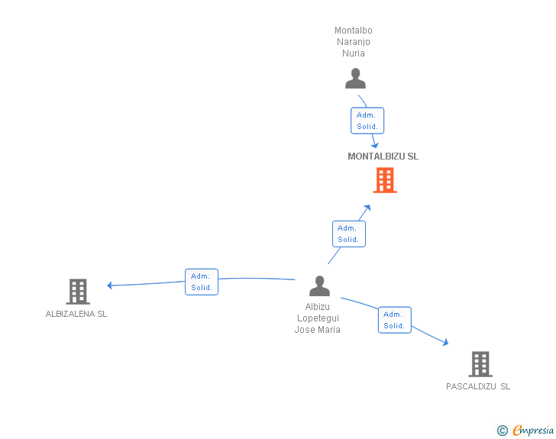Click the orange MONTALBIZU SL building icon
coord(385,180)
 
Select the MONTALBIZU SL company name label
coord(383,157)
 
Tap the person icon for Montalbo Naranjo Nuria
coord(355,79)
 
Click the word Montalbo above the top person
coord(354,31)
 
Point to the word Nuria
coord(354,53)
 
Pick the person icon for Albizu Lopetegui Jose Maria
coord(319,286)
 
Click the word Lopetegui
coord(318,318)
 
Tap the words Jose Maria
coord(318,330)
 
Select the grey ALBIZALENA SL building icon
coord(78,292)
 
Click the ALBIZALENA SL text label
coord(76,314)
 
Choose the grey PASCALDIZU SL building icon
coord(480,364)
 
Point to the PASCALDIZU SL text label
coord(478,386)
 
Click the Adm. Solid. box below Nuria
coord(367,121)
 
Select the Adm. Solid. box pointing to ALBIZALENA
coord(202,282)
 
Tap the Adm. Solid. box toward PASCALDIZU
coord(395,320)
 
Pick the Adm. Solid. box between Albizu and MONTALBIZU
coord(349,234)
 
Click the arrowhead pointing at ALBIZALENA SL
coord(109,285)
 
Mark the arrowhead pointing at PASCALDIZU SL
coord(446,342)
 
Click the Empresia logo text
coord(533,430)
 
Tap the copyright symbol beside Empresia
coord(503,431)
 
